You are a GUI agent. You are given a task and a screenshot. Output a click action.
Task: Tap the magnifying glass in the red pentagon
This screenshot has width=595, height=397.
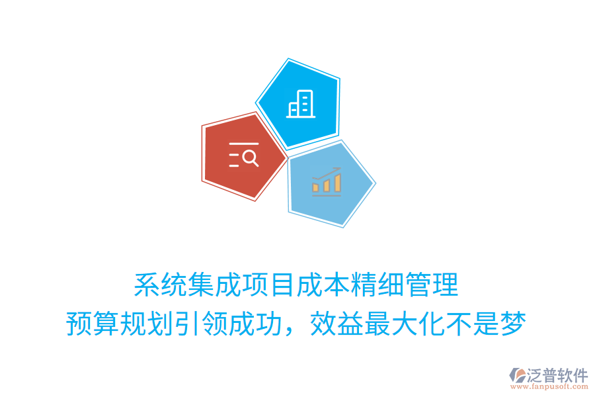pyautogui.click(x=251, y=157)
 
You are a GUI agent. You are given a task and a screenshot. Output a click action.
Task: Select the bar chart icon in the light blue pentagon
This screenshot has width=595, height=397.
pyautogui.click(x=327, y=181)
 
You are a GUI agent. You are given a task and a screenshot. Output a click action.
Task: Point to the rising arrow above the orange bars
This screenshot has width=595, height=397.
pyautogui.click(x=328, y=172)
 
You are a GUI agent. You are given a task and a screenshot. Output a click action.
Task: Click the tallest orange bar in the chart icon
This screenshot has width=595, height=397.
pyautogui.click(x=337, y=183)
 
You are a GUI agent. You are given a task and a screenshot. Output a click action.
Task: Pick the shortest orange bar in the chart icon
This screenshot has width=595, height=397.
pyautogui.click(x=316, y=188)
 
